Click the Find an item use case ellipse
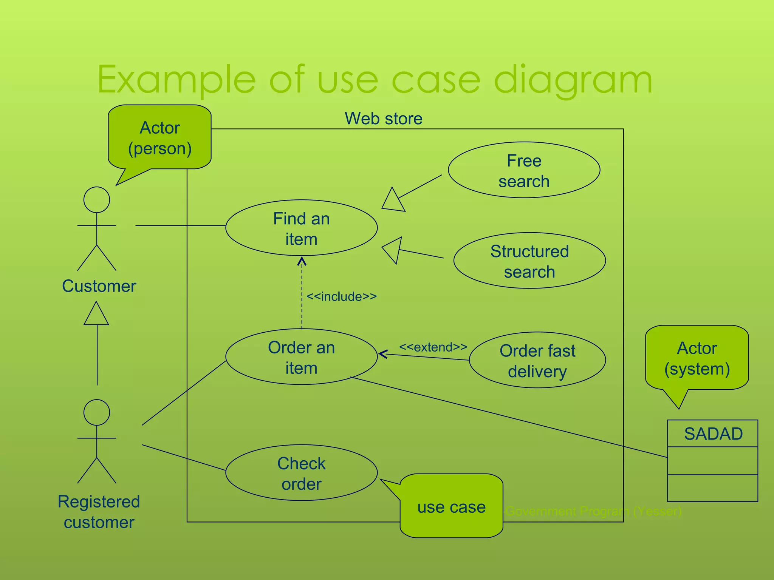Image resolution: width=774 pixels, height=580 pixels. pos(301,228)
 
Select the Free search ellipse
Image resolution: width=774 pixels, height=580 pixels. pos(524,170)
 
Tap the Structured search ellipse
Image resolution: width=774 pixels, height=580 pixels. pos(529,261)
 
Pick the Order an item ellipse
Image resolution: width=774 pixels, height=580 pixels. pos(301,357)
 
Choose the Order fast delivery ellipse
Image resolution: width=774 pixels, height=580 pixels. pos(537,360)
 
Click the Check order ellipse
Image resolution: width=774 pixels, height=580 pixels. pos(301,473)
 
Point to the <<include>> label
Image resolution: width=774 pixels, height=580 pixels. pos(341,297)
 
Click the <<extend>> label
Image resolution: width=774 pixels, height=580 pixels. pos(433,347)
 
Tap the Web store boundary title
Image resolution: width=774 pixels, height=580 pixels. pos(383,119)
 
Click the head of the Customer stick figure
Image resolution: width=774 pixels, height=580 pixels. pos(97,200)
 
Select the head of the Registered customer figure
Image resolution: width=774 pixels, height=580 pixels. pos(97,412)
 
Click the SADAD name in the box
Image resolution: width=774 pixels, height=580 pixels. pos(713,434)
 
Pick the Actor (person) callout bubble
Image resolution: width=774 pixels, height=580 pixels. pos(159,138)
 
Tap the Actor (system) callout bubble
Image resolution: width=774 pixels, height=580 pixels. pos(697,358)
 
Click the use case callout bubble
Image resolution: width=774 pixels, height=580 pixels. pos(451,507)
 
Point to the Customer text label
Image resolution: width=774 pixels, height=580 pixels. pos(99,286)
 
